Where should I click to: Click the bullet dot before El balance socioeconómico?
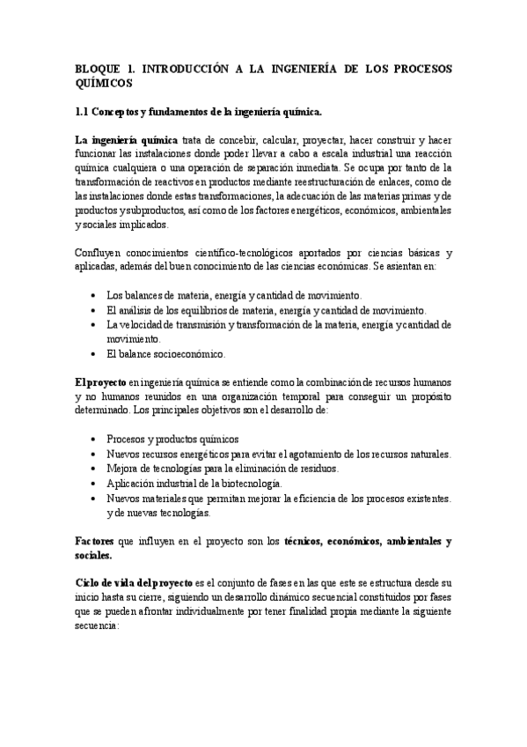(x=94, y=354)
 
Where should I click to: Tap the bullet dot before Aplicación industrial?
(x=94, y=484)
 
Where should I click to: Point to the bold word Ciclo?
(x=90, y=585)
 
